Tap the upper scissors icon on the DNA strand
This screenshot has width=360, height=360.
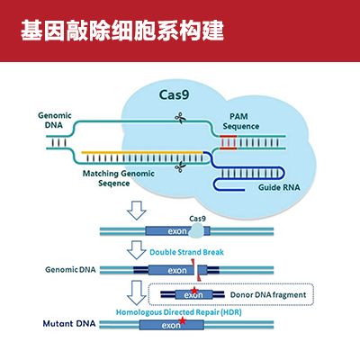(x=180, y=117)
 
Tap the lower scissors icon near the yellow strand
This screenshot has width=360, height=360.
(x=180, y=165)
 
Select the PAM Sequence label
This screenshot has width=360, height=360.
(x=240, y=121)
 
